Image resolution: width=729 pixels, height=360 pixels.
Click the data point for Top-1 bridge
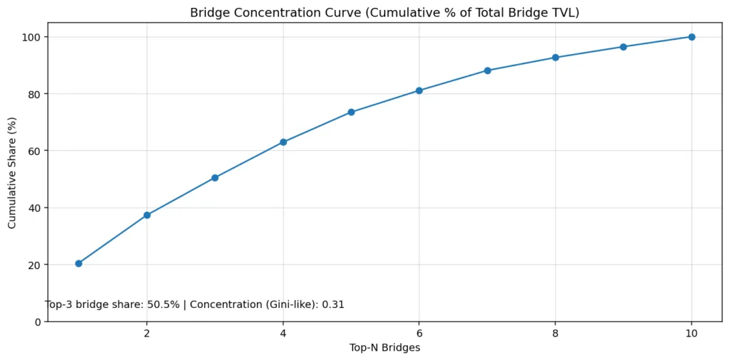[78, 263]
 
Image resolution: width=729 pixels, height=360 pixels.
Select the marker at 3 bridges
[215, 178]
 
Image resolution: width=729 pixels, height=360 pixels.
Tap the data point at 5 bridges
[351, 112]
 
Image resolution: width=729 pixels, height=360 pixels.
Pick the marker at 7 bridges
[488, 70]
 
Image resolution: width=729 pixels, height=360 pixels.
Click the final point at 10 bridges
[691, 37]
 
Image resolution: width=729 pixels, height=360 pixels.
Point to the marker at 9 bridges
[624, 47]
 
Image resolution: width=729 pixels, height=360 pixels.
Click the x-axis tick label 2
[147, 333]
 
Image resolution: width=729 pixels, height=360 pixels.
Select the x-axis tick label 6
[419, 333]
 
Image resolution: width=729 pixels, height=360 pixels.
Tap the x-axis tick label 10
[691, 333]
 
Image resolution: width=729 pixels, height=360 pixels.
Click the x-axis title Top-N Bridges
[384, 348]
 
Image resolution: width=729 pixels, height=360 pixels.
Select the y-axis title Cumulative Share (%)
[12, 171]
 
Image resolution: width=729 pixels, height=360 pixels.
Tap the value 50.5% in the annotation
[163, 305]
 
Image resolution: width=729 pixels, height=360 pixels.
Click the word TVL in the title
[562, 13]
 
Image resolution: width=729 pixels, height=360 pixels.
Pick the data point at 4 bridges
[283, 142]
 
